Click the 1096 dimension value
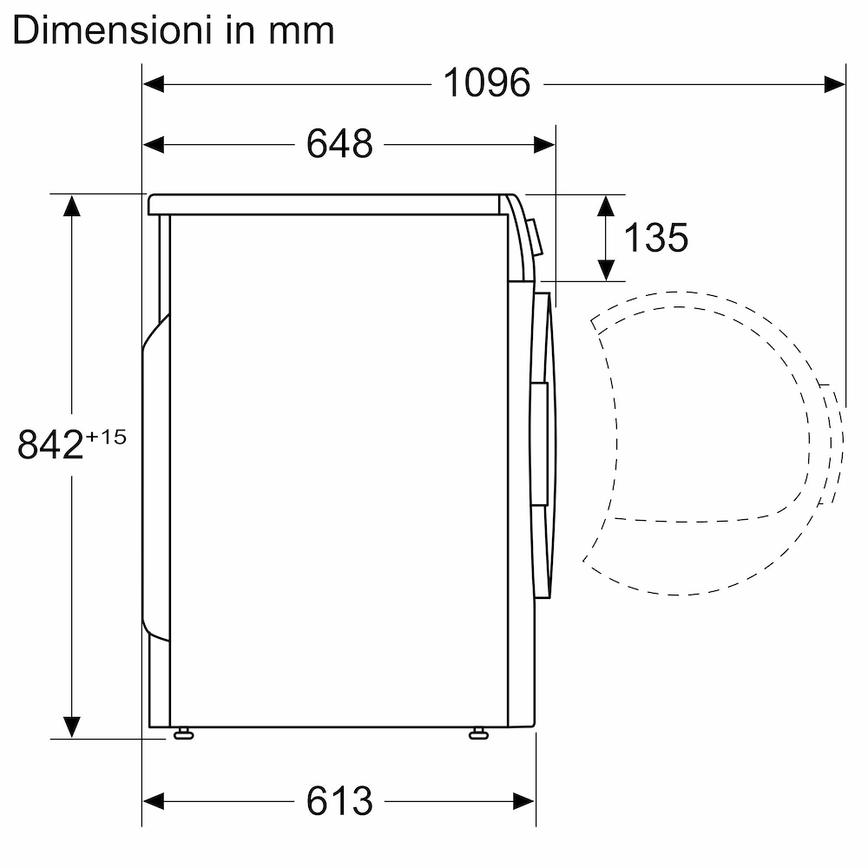486,83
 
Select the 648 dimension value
339,144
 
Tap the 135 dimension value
655,237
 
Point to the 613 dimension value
339,800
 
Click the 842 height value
49,445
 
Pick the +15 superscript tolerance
106,436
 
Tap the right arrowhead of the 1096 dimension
835,83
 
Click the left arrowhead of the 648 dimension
154,144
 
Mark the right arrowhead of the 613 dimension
524,799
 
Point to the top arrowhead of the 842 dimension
71,206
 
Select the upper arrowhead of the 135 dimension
607,206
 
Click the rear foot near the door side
477,734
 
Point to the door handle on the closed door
538,443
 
